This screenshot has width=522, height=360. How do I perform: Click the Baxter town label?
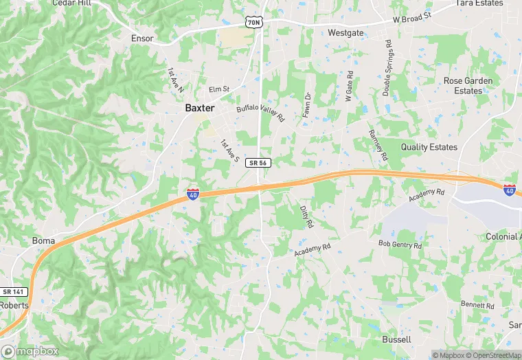tap(200, 108)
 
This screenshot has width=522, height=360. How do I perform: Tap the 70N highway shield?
tap(253, 23)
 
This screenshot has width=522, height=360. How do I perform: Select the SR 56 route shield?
tap(260, 163)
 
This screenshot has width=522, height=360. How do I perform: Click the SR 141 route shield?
tap(13, 292)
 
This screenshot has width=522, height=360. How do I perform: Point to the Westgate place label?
tap(345, 32)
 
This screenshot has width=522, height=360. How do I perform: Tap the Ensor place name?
tap(142, 38)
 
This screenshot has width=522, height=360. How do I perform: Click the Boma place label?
tap(43, 240)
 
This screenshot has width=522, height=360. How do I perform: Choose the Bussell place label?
tap(396, 339)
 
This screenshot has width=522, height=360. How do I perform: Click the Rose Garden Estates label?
tap(468, 85)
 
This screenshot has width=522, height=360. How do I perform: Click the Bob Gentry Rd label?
tap(400, 244)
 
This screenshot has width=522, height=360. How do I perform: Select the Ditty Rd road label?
tap(306, 216)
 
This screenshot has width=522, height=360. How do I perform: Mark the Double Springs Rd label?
tap(387, 67)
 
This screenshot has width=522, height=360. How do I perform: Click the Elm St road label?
tap(219, 89)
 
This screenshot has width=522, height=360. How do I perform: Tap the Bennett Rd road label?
tap(473, 304)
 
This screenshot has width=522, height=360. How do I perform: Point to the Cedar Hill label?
tap(71, 3)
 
